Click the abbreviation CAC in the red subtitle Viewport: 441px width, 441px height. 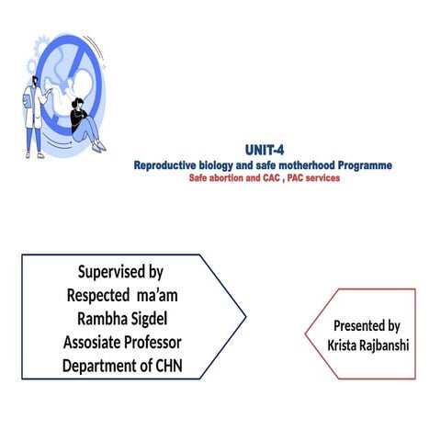275,178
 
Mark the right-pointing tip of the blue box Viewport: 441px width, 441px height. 245,317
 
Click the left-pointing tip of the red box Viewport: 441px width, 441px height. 305,334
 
